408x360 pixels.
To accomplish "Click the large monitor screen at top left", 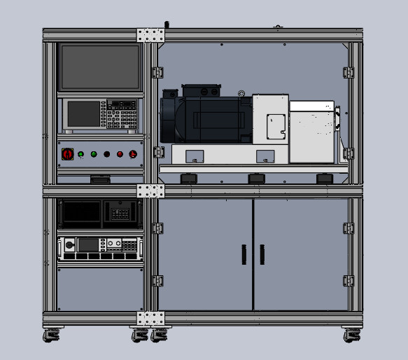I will point(99,68).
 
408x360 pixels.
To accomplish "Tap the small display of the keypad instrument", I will point(83,113).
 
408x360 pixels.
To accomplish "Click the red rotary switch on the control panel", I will point(68,154).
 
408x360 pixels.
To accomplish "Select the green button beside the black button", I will point(94,154).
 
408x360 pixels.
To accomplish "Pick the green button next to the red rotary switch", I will point(81,154).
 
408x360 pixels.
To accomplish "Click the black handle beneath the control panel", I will point(100,179).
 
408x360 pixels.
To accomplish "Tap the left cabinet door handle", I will point(244,254).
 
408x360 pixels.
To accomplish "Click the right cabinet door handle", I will point(262,254).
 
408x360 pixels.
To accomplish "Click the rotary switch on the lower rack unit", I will point(69,244).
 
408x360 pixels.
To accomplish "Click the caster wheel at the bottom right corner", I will point(351,335).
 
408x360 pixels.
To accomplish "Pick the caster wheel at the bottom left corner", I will point(51,335).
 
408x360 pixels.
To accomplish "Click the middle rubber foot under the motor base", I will point(256,179).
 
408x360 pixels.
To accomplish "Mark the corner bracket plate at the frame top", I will point(150,35).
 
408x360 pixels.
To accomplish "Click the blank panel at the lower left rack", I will point(99,288).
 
